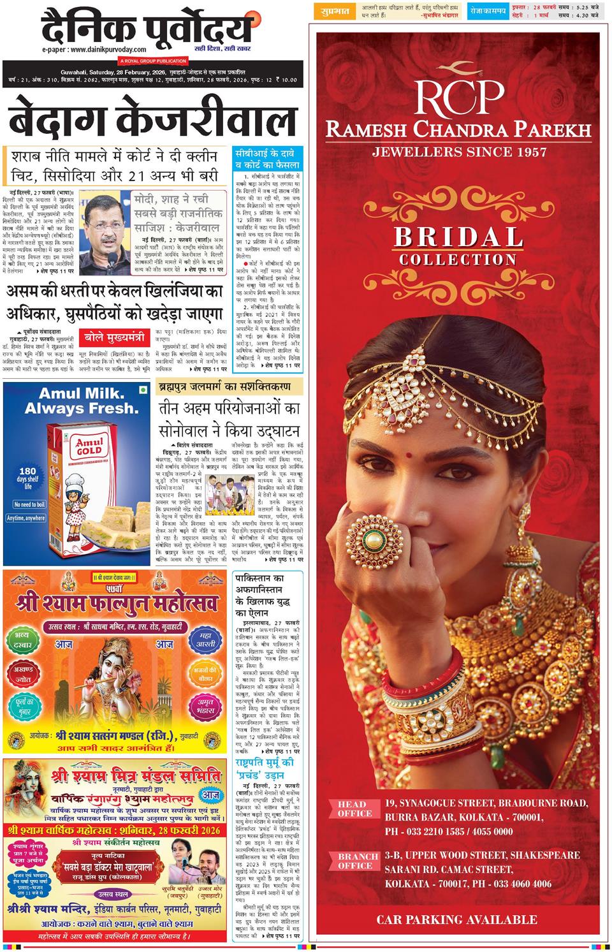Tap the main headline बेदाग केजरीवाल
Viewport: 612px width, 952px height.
click(x=153, y=120)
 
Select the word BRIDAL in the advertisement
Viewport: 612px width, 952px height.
click(x=458, y=237)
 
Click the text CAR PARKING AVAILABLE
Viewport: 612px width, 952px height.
click(x=456, y=919)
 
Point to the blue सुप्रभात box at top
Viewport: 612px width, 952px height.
click(x=332, y=11)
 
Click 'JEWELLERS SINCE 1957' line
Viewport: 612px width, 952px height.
click(x=459, y=152)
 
